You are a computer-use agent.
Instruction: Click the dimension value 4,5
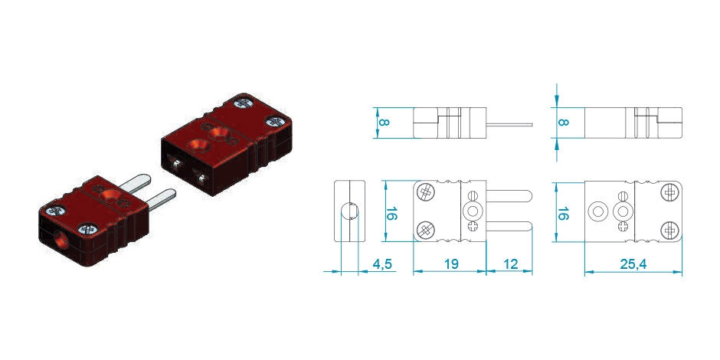[x=381, y=264]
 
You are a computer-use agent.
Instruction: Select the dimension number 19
[x=451, y=263]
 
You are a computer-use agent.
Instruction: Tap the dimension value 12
[x=510, y=263]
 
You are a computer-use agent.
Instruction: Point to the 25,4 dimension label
[x=633, y=264]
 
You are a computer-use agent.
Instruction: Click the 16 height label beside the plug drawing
[x=391, y=214]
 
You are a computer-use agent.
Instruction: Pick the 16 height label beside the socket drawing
[x=563, y=214]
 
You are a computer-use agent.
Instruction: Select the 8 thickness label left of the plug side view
[x=385, y=122]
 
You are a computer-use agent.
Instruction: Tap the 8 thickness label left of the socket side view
[x=563, y=122]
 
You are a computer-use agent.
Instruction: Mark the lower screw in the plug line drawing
[x=426, y=229]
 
